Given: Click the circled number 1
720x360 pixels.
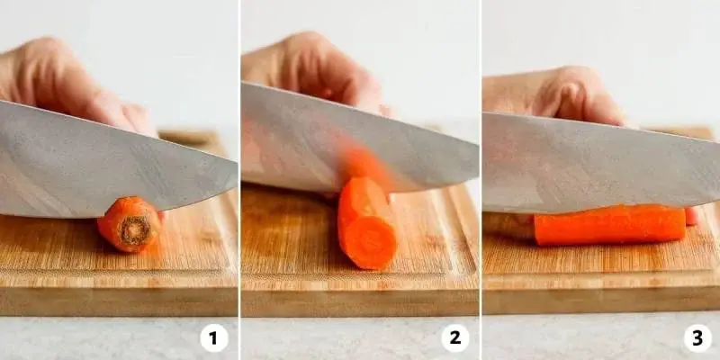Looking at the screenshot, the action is coord(214,338).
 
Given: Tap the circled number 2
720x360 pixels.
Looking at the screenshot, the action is coord(455,338).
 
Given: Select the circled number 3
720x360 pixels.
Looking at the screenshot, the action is coord(697,338).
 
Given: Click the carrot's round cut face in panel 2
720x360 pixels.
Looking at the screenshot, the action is coord(370,243).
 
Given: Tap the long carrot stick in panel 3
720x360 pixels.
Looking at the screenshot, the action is coord(610,225).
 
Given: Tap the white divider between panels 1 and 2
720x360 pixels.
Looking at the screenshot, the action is coord(239,180).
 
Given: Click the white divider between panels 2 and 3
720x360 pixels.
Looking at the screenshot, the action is coord(481,180).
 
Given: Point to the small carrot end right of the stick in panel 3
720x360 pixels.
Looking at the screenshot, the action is coord(691,216).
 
